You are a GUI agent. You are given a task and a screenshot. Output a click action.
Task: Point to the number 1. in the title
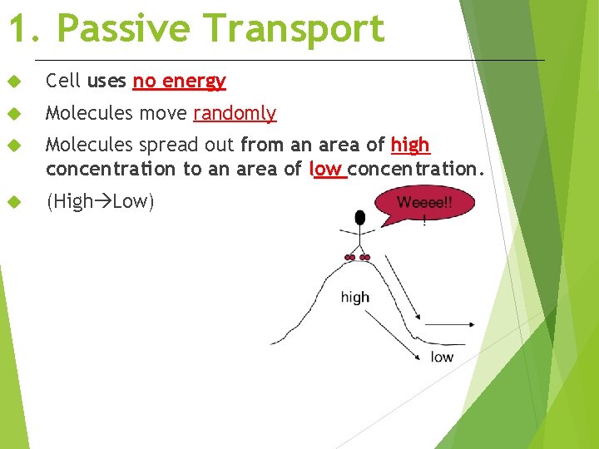[26, 29]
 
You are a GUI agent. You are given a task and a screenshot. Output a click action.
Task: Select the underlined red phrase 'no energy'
[179, 81]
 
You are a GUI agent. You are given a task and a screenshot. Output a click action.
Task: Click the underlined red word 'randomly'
[235, 113]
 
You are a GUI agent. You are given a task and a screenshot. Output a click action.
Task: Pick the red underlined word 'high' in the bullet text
[410, 145]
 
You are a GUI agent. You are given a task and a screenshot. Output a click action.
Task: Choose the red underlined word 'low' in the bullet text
[326, 169]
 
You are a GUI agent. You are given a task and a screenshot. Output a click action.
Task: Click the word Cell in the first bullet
[63, 81]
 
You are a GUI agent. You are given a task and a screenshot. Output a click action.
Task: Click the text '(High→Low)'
[100, 202]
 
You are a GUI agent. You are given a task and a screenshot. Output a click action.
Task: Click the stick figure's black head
[359, 218]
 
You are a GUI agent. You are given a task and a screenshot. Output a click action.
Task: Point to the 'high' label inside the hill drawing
[355, 297]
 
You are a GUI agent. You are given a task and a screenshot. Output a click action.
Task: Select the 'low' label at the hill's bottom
[442, 357]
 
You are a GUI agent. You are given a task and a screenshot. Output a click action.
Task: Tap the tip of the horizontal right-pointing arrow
[473, 323]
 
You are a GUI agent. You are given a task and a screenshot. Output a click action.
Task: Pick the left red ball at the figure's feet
[350, 258]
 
